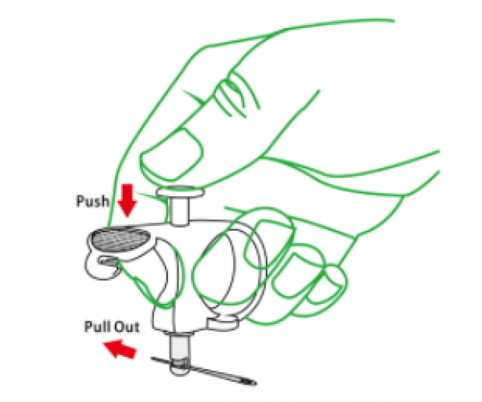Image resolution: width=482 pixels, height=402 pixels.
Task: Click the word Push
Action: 92,201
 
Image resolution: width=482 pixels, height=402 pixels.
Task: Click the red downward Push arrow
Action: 127,200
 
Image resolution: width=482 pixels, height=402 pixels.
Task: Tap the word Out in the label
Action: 126,326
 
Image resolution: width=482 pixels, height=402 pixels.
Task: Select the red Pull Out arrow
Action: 120,348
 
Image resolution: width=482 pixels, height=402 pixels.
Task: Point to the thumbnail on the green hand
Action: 172,154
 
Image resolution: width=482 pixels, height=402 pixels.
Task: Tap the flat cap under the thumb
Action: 180,192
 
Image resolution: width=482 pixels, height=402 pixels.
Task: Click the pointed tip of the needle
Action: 255,384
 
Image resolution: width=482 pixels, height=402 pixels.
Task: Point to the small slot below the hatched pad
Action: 108,260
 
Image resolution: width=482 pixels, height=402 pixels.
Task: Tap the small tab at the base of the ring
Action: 223,324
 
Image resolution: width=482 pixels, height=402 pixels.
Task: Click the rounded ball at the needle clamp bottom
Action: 180,367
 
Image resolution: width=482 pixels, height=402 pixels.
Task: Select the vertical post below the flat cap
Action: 179,211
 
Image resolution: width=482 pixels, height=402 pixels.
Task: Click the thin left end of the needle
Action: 153,358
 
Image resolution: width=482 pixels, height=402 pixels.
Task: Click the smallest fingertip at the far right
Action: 335,277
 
